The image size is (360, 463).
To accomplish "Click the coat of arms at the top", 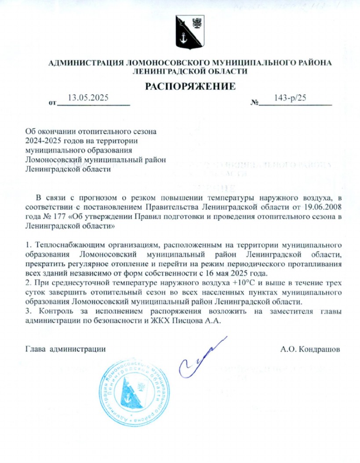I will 191,32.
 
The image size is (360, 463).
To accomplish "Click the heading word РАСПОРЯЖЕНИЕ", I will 190,86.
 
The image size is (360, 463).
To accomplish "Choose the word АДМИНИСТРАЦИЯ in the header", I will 85,62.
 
